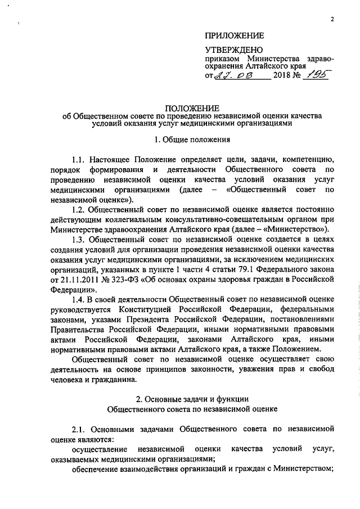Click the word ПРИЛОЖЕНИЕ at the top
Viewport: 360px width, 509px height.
coord(235,34)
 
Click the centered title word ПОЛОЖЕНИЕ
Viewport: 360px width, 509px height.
coord(192,108)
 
